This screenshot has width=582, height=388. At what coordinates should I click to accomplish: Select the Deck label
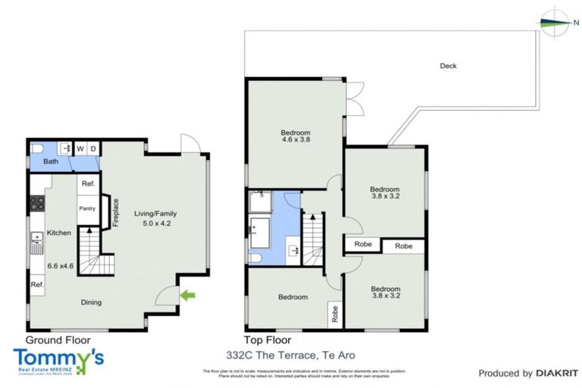coord(448,66)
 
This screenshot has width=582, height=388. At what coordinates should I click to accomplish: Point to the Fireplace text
coord(117,213)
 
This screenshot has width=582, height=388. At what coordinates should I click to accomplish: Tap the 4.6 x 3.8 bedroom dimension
coord(296,139)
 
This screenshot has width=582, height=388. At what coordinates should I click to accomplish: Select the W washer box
coord(80,149)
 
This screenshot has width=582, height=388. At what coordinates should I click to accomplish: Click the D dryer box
coord(92,149)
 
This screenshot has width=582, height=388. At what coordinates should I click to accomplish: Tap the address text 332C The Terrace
coord(290,355)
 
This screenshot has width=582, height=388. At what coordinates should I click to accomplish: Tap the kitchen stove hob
coord(36,203)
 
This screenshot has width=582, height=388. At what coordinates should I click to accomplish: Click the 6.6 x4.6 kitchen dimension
coord(61,266)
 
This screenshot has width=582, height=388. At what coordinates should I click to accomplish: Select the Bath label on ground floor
coord(51,161)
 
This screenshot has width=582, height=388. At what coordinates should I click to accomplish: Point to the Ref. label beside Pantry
coord(88,183)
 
